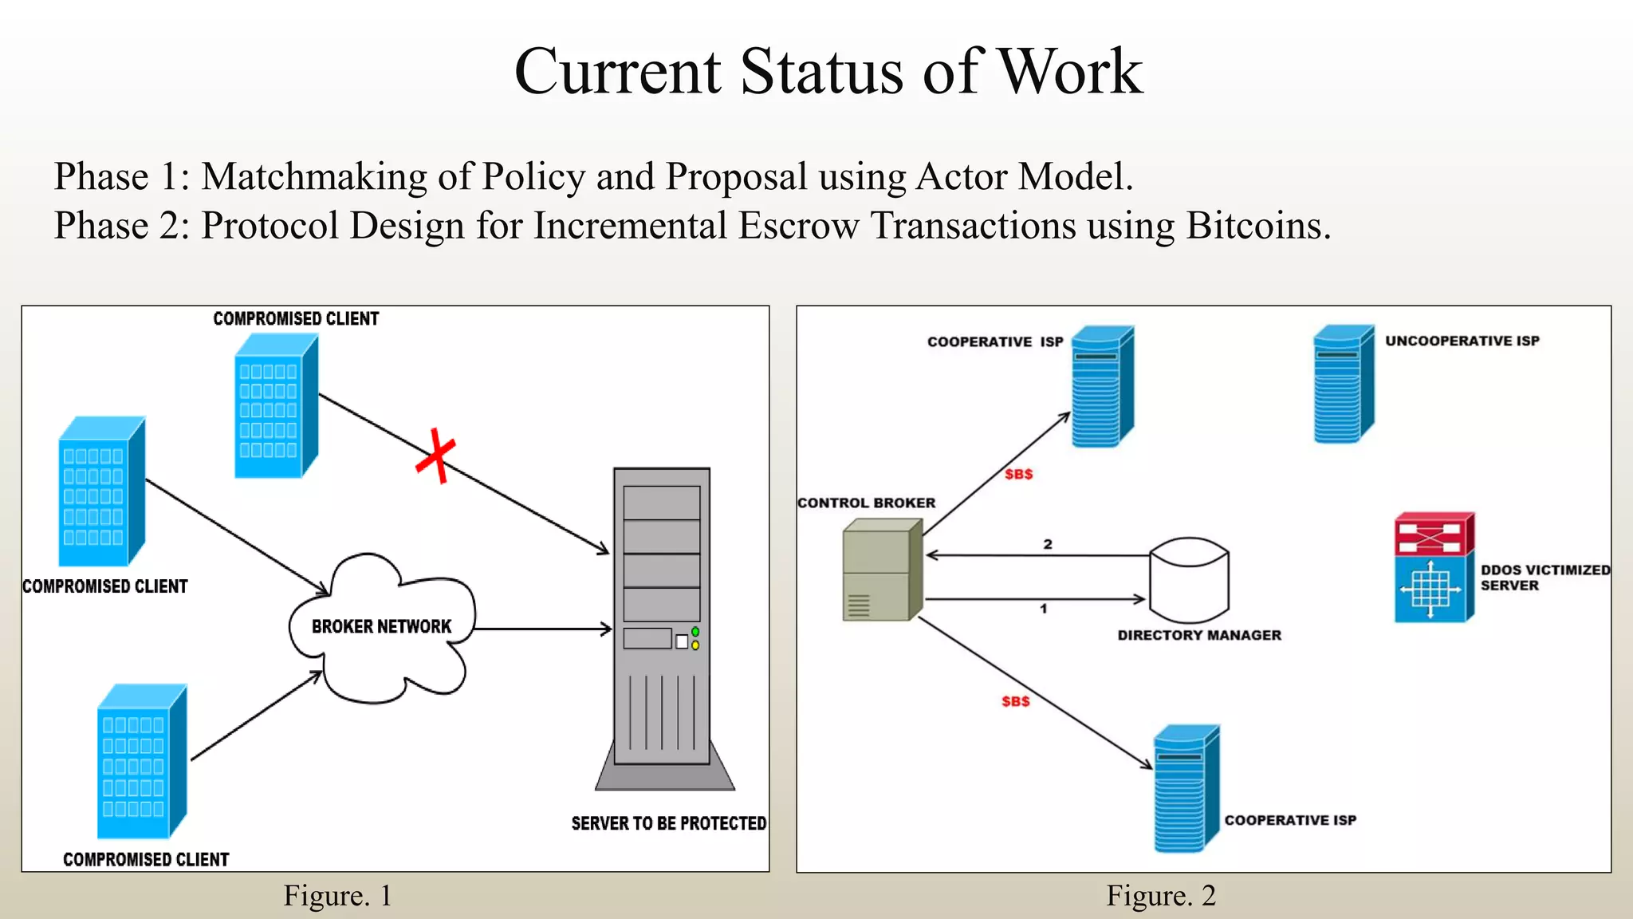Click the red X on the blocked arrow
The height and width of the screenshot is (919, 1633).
436,456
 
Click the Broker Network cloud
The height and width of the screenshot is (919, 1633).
381,627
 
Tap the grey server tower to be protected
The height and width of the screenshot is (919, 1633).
662,622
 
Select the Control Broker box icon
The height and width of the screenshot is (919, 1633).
881,570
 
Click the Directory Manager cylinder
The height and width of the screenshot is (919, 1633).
1189,580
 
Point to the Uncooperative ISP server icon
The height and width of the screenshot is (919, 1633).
1343,385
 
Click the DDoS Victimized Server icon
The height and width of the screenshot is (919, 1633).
1434,568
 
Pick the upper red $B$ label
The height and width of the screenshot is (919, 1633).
1018,474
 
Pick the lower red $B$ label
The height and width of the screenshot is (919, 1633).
1015,701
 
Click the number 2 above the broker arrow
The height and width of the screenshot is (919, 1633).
1048,544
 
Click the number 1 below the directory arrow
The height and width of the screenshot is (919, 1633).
1043,609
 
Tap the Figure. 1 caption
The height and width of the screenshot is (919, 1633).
337,896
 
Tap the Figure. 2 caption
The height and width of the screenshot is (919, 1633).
1160,896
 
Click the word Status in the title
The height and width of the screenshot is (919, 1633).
824,72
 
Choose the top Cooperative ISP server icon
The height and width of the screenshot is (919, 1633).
1102,386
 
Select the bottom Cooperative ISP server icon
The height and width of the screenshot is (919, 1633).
1186,788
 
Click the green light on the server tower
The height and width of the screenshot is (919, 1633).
695,632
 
